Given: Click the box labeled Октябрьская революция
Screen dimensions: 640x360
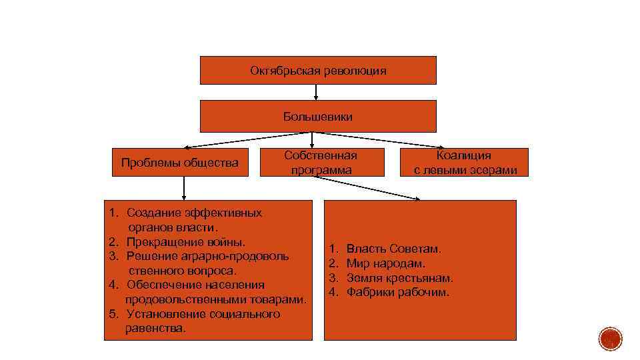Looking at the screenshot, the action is coord(318,70).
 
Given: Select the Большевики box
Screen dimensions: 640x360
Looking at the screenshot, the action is coord(318,116).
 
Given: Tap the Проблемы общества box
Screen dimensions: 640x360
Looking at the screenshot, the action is coord(179,162).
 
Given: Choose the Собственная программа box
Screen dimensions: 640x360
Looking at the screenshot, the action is coord(321,162).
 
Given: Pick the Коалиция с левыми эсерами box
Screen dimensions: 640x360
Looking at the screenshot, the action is coord(465,162).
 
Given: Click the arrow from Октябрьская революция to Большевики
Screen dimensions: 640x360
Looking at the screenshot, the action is coord(316,92).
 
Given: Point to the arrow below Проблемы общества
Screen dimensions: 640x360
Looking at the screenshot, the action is coord(184,188).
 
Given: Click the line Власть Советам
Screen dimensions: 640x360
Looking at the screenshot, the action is coord(393,249).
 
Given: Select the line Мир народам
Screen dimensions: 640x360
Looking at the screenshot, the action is coord(385,263).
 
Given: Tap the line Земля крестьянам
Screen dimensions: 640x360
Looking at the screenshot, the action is coord(399,278).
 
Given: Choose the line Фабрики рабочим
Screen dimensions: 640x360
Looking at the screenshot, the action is coord(398,293).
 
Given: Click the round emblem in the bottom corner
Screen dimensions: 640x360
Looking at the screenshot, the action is coord(609,339).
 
